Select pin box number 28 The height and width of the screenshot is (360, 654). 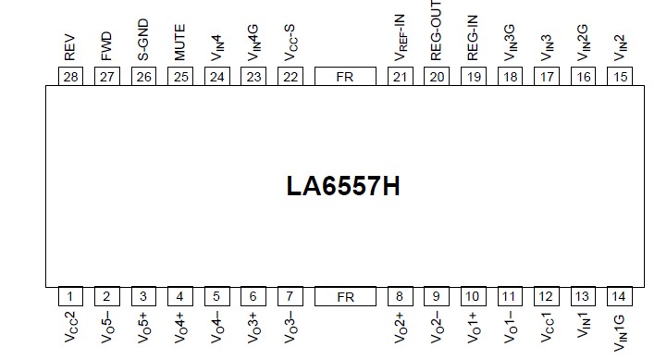click(x=69, y=77)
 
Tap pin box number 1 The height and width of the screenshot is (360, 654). click(x=69, y=296)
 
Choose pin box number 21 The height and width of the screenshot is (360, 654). click(x=400, y=77)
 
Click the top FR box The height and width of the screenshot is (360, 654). click(x=345, y=77)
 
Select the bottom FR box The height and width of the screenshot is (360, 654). click(x=345, y=296)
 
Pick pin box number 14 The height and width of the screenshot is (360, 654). click(x=619, y=296)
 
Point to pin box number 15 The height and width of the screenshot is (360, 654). click(x=619, y=77)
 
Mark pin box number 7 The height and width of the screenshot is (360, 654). click(x=290, y=296)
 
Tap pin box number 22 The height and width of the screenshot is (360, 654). click(x=290, y=77)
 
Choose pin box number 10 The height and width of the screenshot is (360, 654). click(x=473, y=296)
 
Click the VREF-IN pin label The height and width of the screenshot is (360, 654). click(x=400, y=34)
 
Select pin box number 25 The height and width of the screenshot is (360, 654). click(x=180, y=77)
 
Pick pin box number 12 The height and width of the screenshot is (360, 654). click(x=546, y=296)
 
